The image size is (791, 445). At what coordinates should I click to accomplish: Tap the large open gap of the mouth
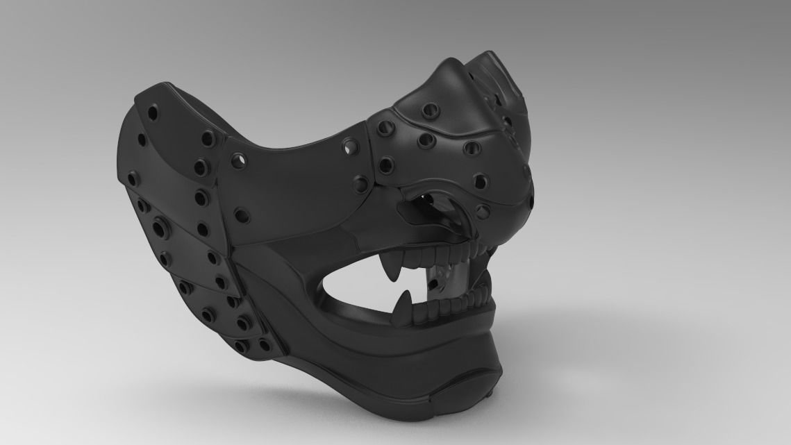click(361, 281)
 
